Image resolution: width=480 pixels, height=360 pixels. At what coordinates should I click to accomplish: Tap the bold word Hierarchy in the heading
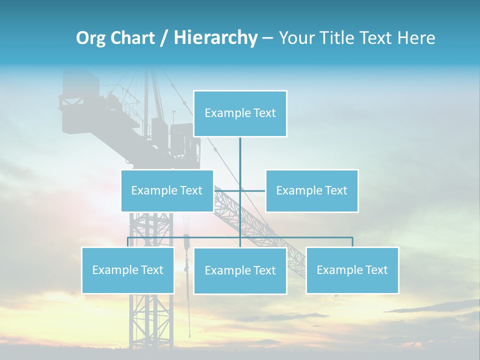click(x=215, y=38)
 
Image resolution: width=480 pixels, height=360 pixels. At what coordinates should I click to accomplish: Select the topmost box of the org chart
click(x=240, y=113)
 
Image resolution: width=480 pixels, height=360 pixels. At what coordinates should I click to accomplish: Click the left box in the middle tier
click(x=167, y=190)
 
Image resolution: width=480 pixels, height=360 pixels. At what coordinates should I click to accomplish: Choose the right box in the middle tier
click(x=311, y=190)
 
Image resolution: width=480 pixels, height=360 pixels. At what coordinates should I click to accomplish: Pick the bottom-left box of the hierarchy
click(x=127, y=270)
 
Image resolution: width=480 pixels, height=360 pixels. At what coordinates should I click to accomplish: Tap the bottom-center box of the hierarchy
click(x=240, y=270)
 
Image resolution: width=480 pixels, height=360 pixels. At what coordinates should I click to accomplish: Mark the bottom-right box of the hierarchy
click(x=352, y=270)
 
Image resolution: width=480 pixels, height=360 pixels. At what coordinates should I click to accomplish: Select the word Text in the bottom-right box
click(x=376, y=270)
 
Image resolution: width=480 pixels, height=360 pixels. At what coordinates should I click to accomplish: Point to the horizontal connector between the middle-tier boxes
click(x=252, y=190)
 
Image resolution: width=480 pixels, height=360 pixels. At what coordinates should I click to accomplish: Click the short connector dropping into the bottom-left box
click(x=128, y=242)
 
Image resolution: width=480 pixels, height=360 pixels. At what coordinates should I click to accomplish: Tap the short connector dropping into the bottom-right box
click(x=352, y=242)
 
